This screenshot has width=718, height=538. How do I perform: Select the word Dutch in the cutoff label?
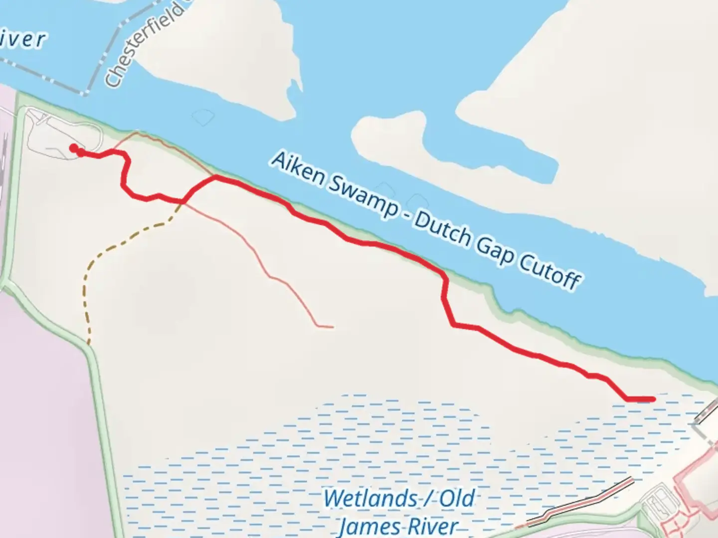coord(442,230)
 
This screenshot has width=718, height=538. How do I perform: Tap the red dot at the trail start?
coord(73,147)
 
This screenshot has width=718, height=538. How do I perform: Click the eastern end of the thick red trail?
coord(651,399)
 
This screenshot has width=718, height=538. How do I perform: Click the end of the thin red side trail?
coord(332,327)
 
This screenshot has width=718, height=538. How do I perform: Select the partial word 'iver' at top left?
coord(22,40)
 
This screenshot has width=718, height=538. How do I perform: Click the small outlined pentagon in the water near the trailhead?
coord(203,117)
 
